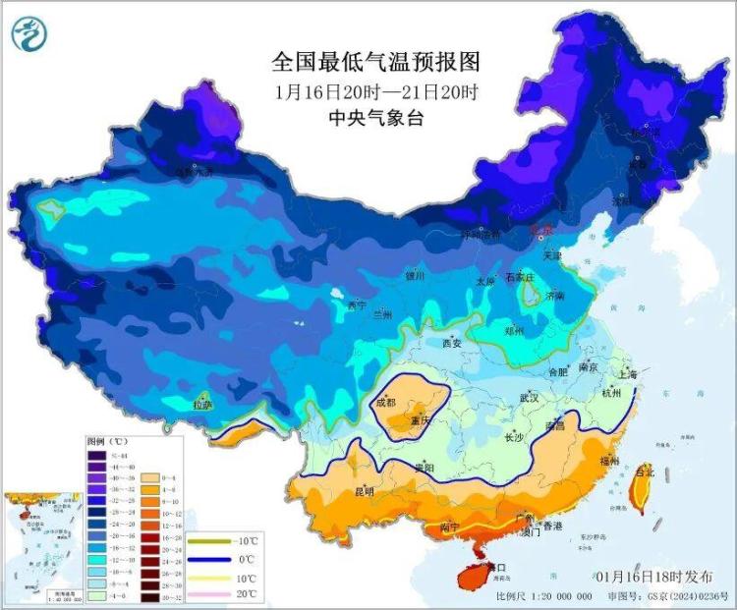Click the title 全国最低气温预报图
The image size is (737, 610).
(376, 63)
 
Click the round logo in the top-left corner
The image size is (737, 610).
(30, 34)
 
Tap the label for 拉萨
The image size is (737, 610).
(202, 404)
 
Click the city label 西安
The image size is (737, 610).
(451, 344)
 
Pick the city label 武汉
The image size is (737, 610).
(528, 398)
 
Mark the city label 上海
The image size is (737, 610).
(628, 374)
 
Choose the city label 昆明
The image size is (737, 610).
(363, 491)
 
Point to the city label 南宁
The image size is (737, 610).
(450, 527)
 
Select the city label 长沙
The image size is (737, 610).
(514, 438)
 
